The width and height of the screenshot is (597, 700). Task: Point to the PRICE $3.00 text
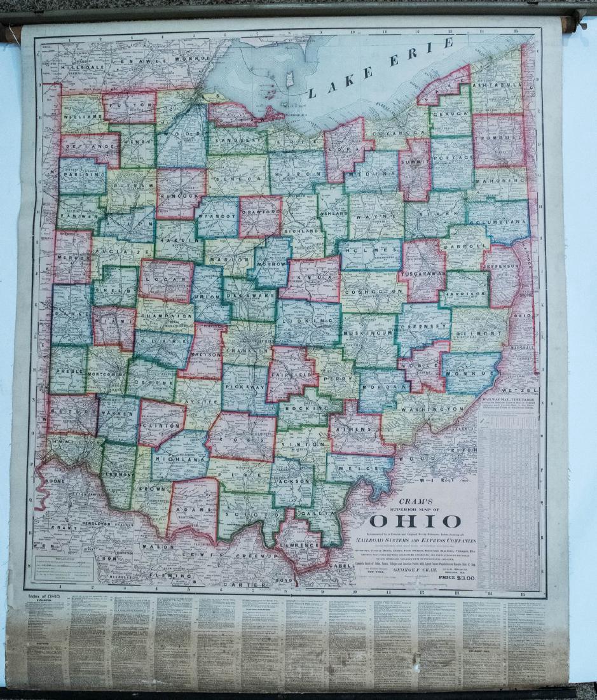coord(453,578)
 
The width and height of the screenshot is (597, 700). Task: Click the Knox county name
coord(310,279)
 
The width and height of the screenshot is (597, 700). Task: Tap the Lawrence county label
coord(301,545)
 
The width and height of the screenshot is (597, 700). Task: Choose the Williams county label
coord(82,118)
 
